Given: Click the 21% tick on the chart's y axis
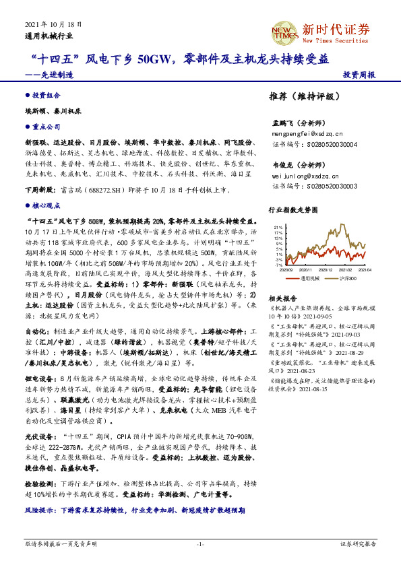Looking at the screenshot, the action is click(278, 226).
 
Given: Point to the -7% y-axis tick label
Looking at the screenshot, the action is click(278, 265).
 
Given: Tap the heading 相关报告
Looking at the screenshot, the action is click(279, 298).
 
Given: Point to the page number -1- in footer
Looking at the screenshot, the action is click(200, 543).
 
